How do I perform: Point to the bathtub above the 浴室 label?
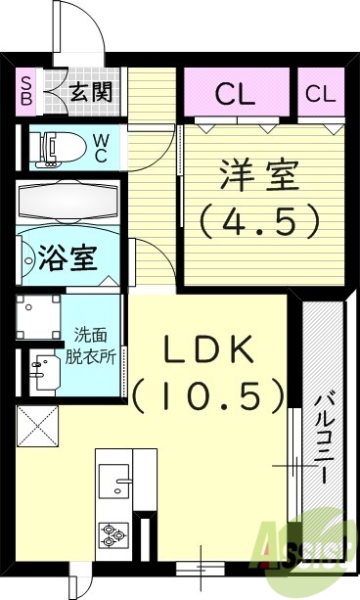[x=68, y=202]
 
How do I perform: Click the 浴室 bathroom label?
[x=67, y=259]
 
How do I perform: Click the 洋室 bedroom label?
[x=259, y=180]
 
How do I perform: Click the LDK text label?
[x=209, y=351]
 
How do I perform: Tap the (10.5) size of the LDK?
[x=209, y=396]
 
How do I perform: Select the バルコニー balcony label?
[x=323, y=440]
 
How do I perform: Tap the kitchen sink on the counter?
[x=122, y=485]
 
